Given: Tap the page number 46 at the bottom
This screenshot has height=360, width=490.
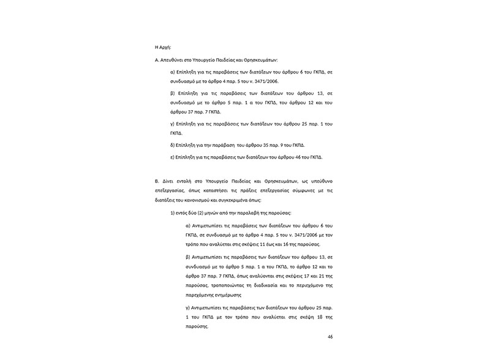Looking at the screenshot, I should (330, 337).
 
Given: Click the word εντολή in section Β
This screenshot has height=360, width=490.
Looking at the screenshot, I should (188, 182).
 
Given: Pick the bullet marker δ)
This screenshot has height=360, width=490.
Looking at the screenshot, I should (172, 145).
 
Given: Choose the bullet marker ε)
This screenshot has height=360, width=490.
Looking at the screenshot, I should (172, 157).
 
